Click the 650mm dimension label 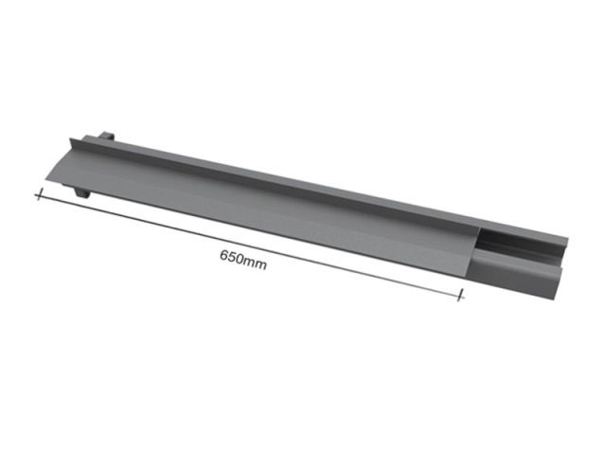243,260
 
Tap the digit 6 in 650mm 223,255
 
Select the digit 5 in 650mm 231,257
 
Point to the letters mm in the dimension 255,264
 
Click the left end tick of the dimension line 38,194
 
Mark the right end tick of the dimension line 460,295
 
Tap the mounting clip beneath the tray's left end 81,192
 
